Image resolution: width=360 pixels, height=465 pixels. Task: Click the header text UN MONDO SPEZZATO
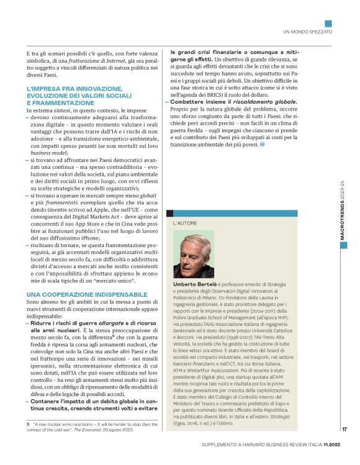(307, 30)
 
